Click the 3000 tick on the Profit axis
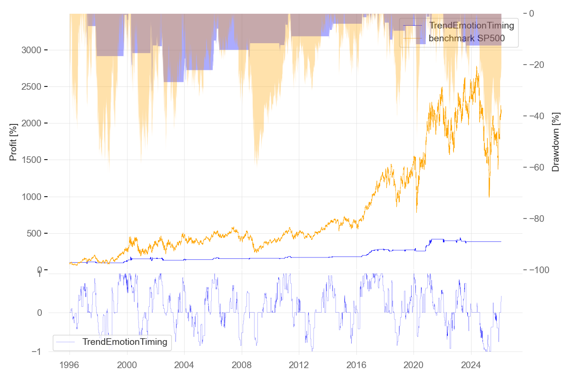coord(35,50)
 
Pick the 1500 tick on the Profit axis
coord(35,160)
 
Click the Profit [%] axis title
coord(13,142)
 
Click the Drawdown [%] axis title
coord(555,142)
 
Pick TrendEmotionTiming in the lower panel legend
coord(125,342)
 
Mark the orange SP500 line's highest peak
coord(476,67)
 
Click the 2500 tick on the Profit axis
coord(35,87)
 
